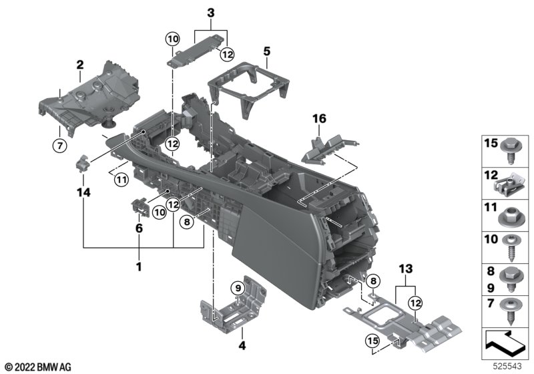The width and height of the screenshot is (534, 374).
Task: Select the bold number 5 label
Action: tap(266, 50)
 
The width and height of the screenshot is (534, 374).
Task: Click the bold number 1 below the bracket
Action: tap(139, 267)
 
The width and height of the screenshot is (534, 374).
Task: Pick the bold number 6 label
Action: tap(140, 228)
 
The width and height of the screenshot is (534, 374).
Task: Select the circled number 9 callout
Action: tap(237, 288)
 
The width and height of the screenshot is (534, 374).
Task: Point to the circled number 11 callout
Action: tap(120, 178)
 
